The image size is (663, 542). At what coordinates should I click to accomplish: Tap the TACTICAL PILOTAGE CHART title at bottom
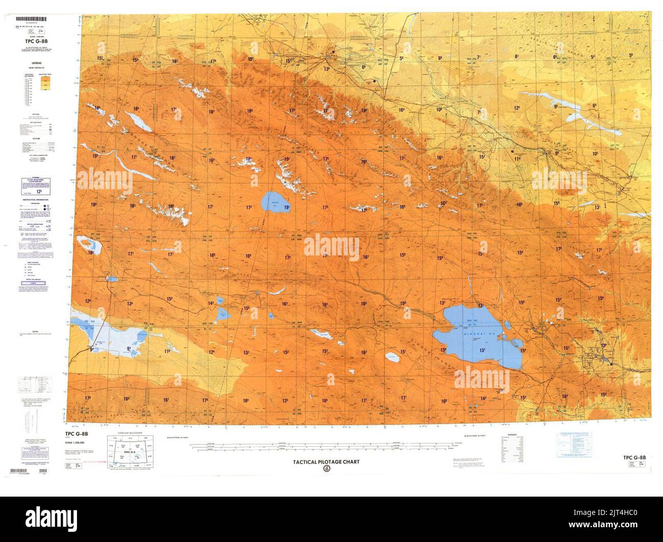coord(325,462)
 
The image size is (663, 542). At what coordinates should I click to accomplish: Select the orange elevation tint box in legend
coord(45,87)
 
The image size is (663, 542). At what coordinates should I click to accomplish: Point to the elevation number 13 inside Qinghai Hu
coord(482,350)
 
